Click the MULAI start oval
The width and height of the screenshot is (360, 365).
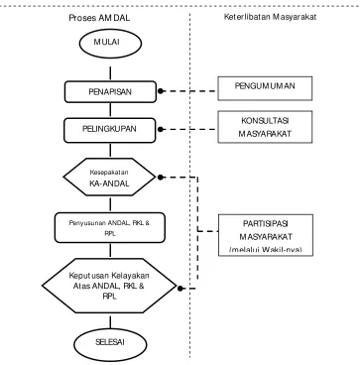110,44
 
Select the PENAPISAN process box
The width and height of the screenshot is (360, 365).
110,92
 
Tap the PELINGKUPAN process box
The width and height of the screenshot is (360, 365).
109,130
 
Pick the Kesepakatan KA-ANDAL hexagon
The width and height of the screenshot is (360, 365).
109,177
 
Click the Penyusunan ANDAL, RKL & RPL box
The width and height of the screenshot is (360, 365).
110,228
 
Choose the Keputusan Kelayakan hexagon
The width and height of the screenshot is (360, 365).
109,286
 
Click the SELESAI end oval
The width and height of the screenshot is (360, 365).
110,344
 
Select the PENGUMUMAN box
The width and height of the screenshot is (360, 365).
265,88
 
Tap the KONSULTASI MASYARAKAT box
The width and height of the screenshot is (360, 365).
265,127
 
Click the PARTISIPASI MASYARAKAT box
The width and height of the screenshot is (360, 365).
266,235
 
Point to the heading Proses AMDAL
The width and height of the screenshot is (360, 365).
99,18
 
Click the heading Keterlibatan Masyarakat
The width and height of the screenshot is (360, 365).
270,17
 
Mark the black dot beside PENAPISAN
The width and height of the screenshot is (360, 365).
161,91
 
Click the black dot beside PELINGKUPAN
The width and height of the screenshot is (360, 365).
161,130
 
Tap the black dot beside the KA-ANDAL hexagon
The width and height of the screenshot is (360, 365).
161,178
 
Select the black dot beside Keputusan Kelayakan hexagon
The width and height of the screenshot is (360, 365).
180,289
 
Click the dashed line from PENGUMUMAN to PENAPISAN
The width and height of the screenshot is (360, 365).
190,91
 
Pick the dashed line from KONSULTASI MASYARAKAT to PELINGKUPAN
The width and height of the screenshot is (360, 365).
190,130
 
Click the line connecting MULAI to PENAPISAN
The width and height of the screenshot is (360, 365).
110,73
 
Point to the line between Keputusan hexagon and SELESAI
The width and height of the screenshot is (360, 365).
110,320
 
